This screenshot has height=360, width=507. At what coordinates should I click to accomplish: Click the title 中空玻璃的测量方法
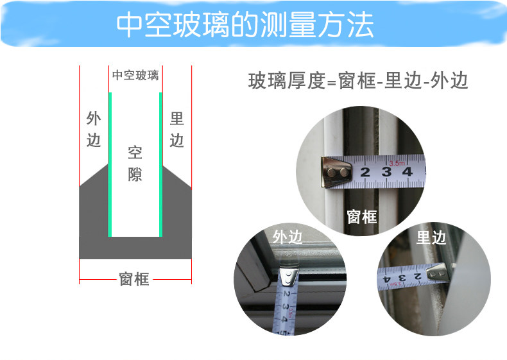point(245,24)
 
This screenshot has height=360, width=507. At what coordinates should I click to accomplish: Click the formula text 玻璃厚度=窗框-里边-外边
point(358,81)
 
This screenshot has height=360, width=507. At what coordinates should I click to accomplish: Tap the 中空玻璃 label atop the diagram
point(135,75)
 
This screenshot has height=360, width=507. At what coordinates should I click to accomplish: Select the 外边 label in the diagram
point(94,130)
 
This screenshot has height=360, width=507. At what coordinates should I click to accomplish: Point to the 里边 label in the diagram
point(177,130)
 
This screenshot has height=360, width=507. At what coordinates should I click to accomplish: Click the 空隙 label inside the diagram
point(135,164)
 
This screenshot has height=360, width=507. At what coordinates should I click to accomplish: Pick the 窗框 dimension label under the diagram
point(134,279)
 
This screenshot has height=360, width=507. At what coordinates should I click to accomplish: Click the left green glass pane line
point(110,165)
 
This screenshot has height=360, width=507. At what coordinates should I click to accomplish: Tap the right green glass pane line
point(160,165)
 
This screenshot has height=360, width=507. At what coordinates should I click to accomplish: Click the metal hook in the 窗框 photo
point(336,172)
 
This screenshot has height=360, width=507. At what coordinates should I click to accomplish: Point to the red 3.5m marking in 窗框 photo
point(397,164)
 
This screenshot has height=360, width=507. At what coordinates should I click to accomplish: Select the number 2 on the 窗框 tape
point(365,172)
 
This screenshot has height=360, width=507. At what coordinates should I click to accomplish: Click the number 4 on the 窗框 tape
point(408,172)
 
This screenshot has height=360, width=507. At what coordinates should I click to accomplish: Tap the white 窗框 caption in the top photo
point(362,216)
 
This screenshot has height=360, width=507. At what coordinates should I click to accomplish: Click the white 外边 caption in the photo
point(288,237)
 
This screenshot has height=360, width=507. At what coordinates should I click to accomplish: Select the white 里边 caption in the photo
point(431,237)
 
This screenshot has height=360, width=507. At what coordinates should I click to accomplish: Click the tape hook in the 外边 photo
point(289,277)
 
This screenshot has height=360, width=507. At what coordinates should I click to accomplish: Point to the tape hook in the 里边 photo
point(438,273)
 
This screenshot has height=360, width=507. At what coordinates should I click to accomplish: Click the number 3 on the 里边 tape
point(402,278)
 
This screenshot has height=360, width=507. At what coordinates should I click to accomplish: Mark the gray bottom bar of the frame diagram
point(135,248)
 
